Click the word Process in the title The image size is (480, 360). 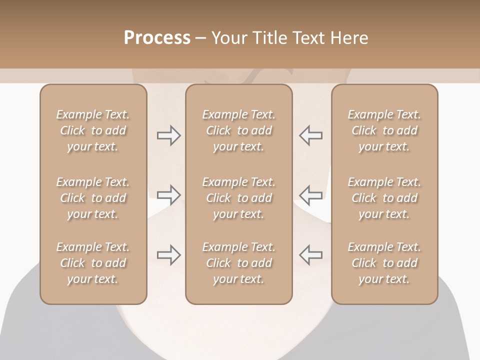(157, 38)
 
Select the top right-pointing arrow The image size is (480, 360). (169, 135)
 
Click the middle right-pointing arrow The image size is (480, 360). (169, 195)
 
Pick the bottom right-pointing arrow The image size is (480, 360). (169, 255)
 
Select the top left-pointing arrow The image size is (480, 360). (310, 135)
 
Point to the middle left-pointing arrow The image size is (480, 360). (310, 195)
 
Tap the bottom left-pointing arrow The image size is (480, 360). (310, 255)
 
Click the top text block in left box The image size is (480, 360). (93, 130)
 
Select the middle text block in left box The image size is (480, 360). (93, 198)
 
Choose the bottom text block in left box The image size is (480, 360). (93, 263)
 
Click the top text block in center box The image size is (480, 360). (238, 130)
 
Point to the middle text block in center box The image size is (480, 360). (238, 198)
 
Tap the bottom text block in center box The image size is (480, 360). (238, 263)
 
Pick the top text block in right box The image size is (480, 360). (384, 130)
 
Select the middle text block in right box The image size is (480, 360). (384, 198)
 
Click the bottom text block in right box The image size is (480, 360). (384, 263)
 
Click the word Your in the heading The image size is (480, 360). (228, 38)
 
